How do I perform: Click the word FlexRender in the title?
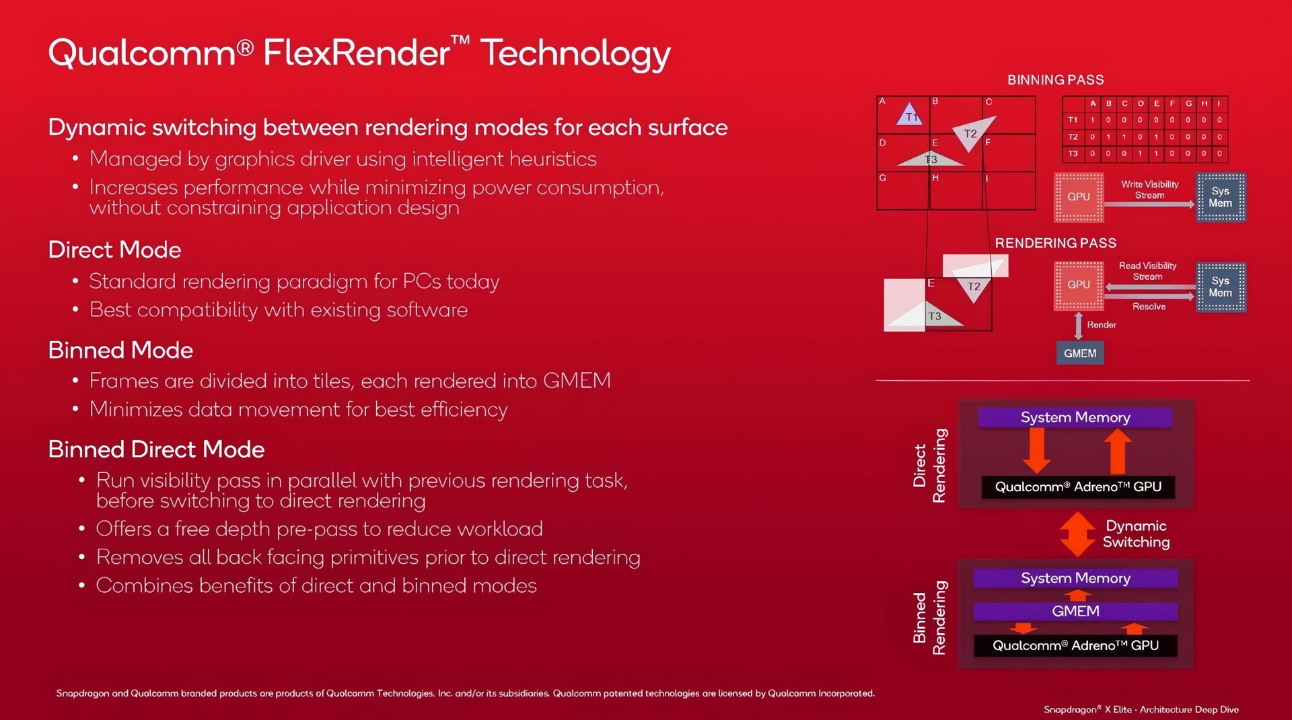[x=357, y=52]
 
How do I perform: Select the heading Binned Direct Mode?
[x=156, y=449]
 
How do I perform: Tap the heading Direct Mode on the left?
[x=114, y=250]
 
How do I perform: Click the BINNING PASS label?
[x=1055, y=80]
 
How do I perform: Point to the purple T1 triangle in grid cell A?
[x=909, y=114]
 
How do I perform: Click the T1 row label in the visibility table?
[x=1073, y=120]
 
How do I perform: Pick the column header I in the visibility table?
[x=1219, y=104]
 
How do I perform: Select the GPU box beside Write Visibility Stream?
[x=1079, y=197]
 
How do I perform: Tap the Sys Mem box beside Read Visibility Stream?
[x=1221, y=287]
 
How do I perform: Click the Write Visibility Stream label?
[x=1149, y=190]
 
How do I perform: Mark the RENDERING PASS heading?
[x=1055, y=243]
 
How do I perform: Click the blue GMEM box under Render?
[x=1080, y=353]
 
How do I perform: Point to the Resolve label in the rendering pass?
[x=1149, y=306]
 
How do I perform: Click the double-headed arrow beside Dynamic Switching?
[x=1077, y=534]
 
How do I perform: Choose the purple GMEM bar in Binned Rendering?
[x=1075, y=611]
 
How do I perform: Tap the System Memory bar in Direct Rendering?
[x=1075, y=417]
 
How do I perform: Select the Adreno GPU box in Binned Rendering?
[x=1075, y=645]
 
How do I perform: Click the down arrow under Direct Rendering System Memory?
[x=1037, y=450]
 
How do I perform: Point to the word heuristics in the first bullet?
[x=552, y=159]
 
